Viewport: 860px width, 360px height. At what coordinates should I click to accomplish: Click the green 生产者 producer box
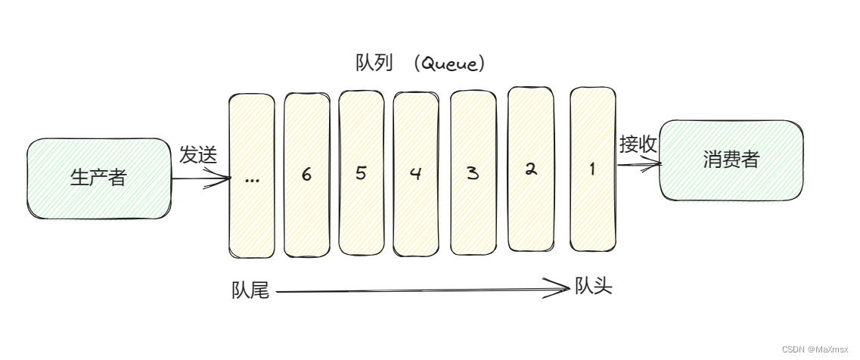(98, 179)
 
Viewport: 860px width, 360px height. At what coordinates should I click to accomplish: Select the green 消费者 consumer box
(731, 160)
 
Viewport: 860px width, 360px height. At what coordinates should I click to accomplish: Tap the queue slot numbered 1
(592, 169)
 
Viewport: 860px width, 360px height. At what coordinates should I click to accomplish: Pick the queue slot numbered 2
(530, 169)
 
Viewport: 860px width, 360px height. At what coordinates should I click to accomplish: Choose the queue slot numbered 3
(473, 173)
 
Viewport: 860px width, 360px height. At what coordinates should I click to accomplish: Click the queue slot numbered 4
(415, 173)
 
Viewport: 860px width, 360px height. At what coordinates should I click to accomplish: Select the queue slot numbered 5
(361, 173)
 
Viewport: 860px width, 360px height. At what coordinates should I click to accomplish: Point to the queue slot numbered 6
(306, 175)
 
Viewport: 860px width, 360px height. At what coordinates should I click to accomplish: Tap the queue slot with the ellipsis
(252, 176)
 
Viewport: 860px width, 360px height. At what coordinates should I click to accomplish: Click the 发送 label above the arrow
(198, 156)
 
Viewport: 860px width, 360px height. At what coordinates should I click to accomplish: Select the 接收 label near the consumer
(638, 144)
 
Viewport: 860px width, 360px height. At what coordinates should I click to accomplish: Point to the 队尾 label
(250, 290)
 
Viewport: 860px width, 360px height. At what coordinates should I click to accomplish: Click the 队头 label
(593, 287)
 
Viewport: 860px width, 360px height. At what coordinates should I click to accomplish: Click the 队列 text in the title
(374, 63)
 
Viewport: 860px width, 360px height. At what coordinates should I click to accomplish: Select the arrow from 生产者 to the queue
(200, 179)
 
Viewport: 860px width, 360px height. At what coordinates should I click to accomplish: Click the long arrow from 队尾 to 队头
(416, 288)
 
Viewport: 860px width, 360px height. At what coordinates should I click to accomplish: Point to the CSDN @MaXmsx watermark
(818, 349)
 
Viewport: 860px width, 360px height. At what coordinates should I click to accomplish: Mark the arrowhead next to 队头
(560, 287)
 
